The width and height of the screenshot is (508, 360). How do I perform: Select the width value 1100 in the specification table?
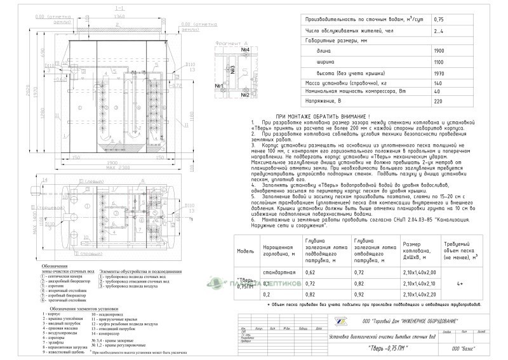(438, 63)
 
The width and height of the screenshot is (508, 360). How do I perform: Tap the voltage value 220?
(438, 100)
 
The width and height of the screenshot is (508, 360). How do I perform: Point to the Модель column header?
(246, 250)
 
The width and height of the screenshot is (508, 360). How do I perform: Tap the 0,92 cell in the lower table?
(359, 295)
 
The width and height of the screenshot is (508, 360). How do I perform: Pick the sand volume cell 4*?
(469, 283)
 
